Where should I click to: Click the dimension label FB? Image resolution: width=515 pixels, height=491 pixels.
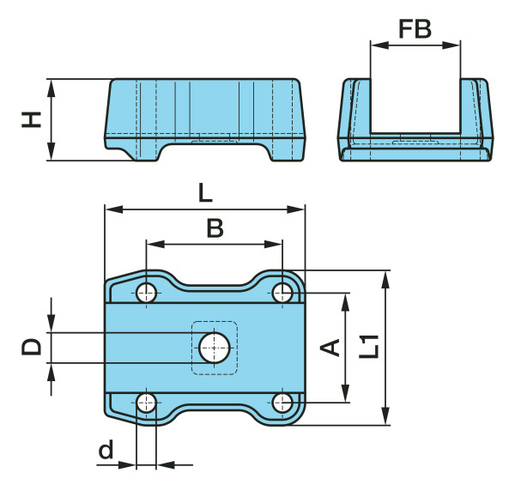415,29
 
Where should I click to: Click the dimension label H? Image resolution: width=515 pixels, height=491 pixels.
32,119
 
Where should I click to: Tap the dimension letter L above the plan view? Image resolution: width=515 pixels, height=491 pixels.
205,193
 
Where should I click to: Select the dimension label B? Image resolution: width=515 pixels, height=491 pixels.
215,228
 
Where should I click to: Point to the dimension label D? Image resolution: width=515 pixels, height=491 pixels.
32,347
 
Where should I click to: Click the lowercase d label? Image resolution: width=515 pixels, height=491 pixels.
106,449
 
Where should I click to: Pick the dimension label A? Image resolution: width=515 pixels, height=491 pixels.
330,348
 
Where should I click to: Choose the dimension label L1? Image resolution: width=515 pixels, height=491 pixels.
369,347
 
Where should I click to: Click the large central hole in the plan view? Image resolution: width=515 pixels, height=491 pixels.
215,348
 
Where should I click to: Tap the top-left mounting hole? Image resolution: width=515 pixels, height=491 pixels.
146,293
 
